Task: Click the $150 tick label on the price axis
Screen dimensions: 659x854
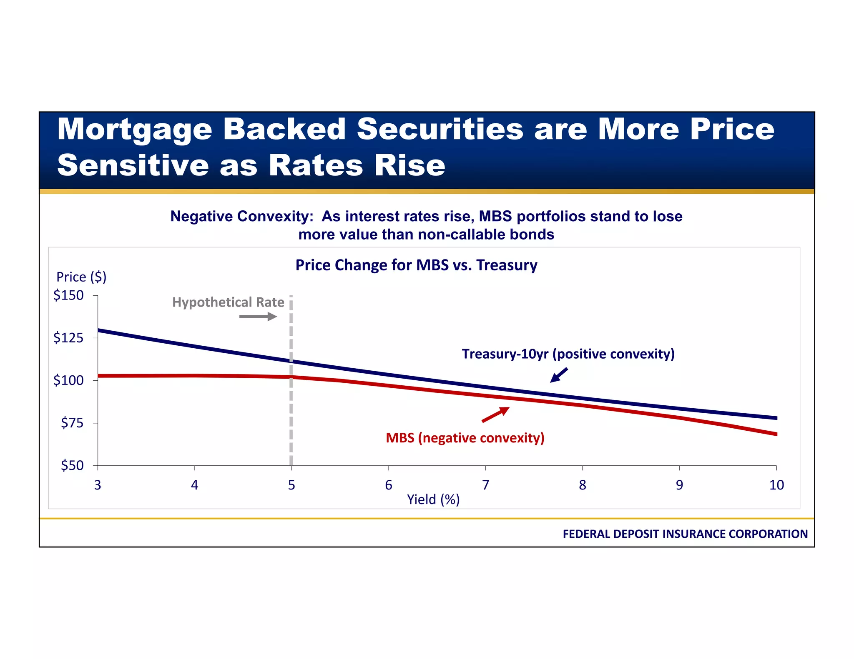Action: coord(68,295)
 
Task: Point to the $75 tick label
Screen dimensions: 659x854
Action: coord(72,423)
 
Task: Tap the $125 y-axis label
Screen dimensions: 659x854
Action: coord(68,338)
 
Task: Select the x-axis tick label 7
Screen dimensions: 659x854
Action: coord(485,485)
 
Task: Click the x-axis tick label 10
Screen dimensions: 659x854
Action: coord(776,485)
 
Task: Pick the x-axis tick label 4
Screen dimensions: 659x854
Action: coord(194,485)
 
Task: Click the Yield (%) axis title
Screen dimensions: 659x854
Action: coord(433,499)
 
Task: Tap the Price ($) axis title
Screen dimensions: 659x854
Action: coord(81,277)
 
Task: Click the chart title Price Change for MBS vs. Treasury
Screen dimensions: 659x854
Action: coord(416,265)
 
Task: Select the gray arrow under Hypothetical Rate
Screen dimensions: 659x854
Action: coord(258,317)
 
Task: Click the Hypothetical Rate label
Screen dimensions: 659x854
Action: coord(228,302)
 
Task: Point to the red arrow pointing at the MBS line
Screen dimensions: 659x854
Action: coord(496,414)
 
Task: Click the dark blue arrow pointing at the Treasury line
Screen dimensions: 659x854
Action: coord(559,375)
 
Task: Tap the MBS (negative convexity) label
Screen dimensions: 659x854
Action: coord(465,438)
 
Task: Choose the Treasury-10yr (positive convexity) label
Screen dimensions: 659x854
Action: coord(568,354)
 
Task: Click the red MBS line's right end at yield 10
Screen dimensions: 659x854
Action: coord(775,434)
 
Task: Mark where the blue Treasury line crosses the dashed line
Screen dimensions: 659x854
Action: coord(291,361)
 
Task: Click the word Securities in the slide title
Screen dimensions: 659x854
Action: coord(440,129)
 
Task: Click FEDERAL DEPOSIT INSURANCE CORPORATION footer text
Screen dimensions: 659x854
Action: coord(685,534)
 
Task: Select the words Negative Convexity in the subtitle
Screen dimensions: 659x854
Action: coord(241,217)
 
